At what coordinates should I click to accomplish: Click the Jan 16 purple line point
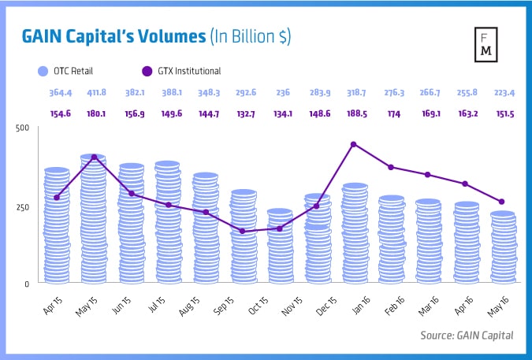(353, 144)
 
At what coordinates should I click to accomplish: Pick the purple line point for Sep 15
(242, 231)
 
